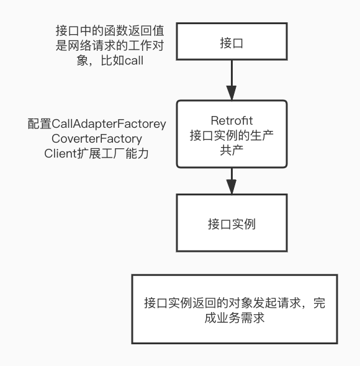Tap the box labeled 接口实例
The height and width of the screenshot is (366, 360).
click(232, 224)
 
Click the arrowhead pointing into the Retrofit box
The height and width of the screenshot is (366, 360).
click(232, 94)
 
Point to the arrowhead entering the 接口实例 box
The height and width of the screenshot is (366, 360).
click(232, 187)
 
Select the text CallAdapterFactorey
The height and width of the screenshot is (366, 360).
click(109, 124)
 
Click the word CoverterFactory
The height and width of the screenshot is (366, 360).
click(97, 138)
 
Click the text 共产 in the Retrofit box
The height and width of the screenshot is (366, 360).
click(232, 150)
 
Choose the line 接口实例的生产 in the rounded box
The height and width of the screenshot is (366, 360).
click(232, 135)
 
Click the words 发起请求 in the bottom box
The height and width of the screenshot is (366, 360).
click(266, 304)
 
